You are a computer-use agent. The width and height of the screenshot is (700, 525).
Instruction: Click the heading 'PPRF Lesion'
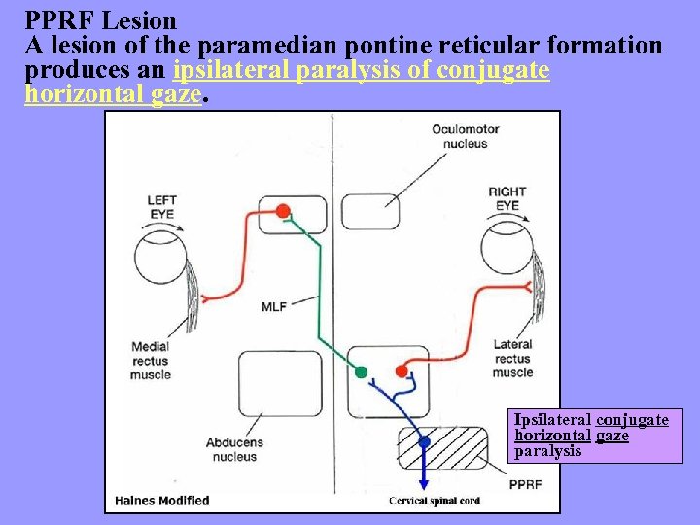coord(101,20)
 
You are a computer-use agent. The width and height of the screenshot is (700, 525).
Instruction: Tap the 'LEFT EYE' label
coord(161,206)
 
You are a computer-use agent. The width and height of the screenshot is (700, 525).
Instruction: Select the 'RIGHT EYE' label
coord(507,198)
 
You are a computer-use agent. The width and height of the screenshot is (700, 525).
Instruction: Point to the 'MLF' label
coord(274,306)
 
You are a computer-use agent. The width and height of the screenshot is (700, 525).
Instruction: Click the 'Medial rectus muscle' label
coord(151,360)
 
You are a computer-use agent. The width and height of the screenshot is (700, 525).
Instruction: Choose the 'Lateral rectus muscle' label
coord(512,358)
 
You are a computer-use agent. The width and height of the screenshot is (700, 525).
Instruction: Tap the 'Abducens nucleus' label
coord(233,449)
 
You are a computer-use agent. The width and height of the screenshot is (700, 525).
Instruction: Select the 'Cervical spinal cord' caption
coord(435,501)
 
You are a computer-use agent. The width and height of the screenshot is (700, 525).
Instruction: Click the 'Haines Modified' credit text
coord(161,501)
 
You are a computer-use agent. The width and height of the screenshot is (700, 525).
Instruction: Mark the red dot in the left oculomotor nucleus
coord(283,210)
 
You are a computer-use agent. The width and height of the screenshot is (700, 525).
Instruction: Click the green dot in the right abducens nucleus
coord(361,371)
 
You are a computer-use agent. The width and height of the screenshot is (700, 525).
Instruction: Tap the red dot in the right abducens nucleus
coord(402,371)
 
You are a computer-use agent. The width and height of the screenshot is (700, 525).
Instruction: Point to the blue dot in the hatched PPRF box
coord(424,442)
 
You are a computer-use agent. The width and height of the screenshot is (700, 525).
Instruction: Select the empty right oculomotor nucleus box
coord(370,212)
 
